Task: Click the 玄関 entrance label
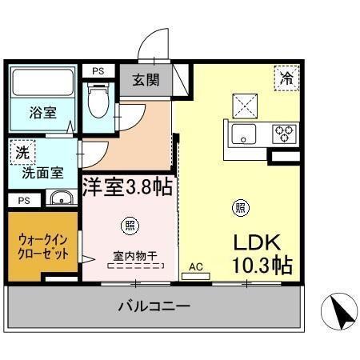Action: click(x=146, y=79)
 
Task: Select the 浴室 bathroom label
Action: click(x=42, y=112)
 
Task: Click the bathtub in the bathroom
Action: click(x=42, y=83)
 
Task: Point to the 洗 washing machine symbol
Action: click(x=18, y=150)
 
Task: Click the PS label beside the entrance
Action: click(x=98, y=71)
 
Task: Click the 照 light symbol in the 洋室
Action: click(x=127, y=225)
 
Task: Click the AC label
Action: click(x=195, y=268)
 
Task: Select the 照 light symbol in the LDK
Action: click(x=239, y=208)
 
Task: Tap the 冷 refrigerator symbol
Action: click(x=286, y=78)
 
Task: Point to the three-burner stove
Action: click(x=283, y=134)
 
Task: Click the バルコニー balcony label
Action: click(x=154, y=306)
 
